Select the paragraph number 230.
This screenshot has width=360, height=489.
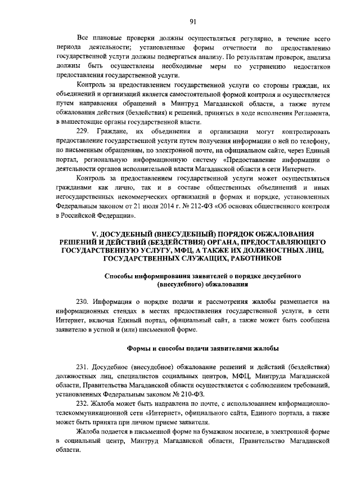[83, 302]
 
